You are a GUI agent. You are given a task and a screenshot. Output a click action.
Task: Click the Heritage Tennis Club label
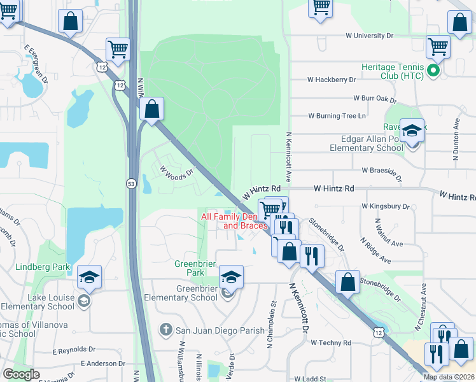click(x=391, y=71)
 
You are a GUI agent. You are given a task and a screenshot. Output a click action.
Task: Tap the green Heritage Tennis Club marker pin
click(x=433, y=71)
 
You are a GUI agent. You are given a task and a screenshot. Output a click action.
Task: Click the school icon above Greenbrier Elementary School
click(x=231, y=277)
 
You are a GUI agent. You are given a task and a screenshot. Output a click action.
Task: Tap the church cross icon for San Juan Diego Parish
click(x=165, y=329)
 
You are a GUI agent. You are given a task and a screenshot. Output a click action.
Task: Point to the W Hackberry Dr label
click(x=331, y=80)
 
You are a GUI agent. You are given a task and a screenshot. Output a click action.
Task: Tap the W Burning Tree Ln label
click(x=337, y=116)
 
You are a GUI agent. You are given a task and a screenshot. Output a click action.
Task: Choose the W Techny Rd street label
click(x=330, y=343)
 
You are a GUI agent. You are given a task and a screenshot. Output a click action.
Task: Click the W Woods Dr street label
click(x=176, y=173)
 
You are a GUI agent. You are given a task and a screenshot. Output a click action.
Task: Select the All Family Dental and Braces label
click(x=233, y=221)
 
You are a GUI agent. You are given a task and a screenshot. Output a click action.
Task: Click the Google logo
click(x=21, y=374)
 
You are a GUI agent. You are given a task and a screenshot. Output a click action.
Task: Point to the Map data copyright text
click(x=449, y=377)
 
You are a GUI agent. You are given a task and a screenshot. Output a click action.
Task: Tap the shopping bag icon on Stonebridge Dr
click(x=347, y=282)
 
